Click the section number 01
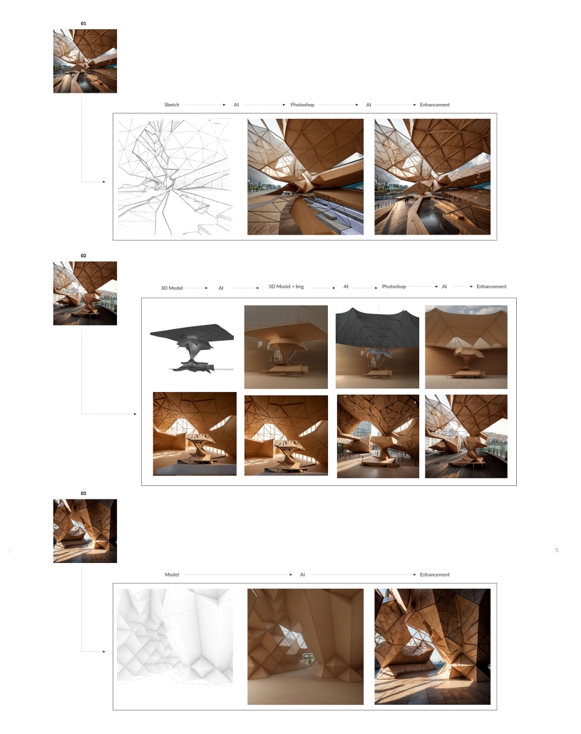[x=83, y=24]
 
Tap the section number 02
[x=83, y=256]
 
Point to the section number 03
[x=83, y=493]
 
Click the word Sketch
[x=172, y=105]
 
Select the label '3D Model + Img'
[x=286, y=286]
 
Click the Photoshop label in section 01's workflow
[x=302, y=105]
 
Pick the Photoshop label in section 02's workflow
[x=394, y=286]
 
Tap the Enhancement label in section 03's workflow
[x=434, y=574]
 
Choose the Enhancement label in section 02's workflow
[x=492, y=286]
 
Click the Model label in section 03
[x=172, y=574]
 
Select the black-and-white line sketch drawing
[x=175, y=177]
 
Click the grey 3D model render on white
[x=192, y=347]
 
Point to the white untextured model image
[x=175, y=637]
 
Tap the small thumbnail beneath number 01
[x=85, y=61]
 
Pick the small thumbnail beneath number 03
[x=85, y=531]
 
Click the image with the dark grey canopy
[x=377, y=347]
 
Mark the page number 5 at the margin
[x=557, y=550]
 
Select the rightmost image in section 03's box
[x=433, y=646]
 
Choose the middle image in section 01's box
[x=305, y=177]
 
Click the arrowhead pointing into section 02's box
[x=135, y=414]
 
